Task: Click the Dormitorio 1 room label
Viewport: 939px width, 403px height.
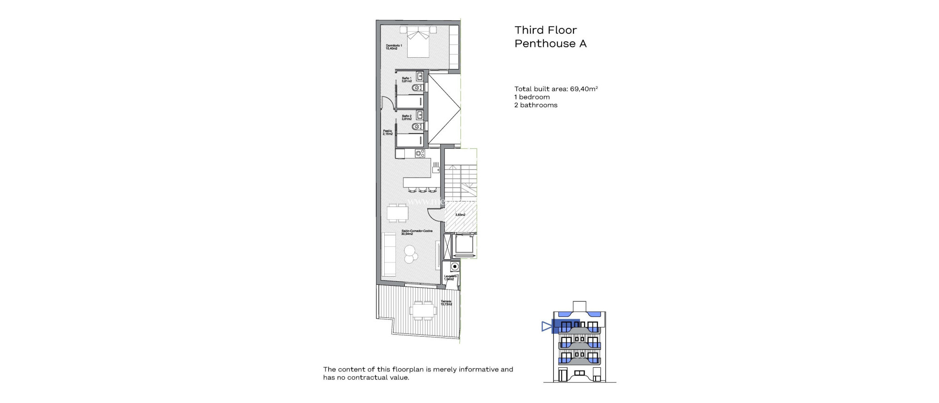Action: pos(393,47)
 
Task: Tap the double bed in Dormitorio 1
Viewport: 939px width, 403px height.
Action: pos(418,43)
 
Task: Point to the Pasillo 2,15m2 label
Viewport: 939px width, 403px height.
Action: pos(387,132)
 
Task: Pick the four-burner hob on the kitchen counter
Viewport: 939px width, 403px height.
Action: pos(420,154)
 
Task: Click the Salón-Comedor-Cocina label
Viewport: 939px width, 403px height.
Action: pos(416,232)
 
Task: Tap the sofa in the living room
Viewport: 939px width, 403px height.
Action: pos(389,254)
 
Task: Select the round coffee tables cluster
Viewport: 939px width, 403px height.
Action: pos(409,254)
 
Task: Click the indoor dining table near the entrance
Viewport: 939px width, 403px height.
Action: pos(398,213)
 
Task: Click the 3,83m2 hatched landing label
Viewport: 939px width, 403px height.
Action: pos(460,215)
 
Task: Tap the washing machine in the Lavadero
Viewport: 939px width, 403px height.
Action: pos(454,267)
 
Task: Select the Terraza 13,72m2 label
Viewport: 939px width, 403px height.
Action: pos(446,303)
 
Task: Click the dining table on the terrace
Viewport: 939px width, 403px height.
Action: pos(423,311)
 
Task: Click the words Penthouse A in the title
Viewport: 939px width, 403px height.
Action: pos(550,44)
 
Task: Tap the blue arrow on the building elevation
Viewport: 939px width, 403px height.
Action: pos(547,326)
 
